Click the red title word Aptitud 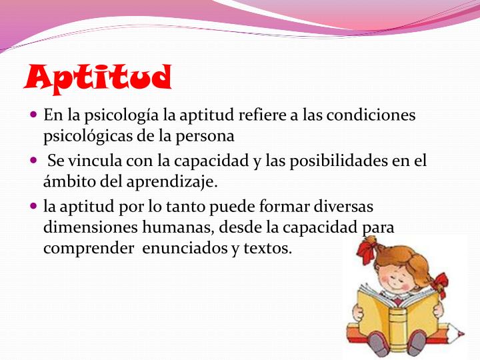point(97,79)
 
